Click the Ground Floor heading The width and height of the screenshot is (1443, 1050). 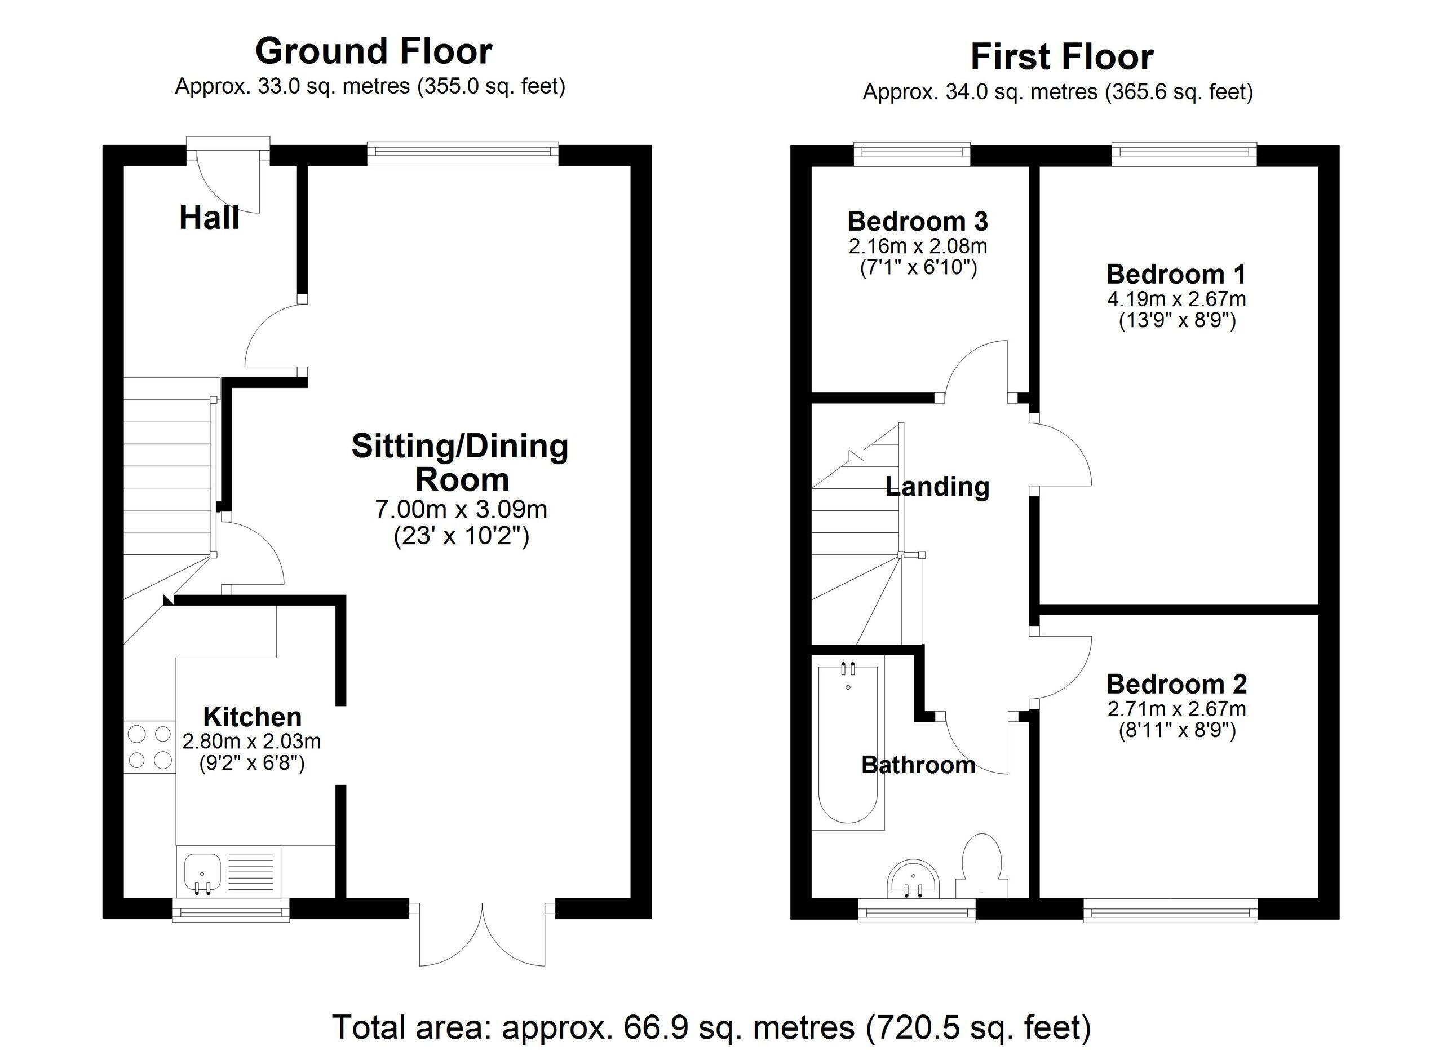[x=374, y=51]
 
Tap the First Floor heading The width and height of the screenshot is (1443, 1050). [x=1061, y=58]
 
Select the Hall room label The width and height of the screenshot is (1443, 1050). [x=209, y=218]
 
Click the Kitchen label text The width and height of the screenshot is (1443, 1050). [x=253, y=717]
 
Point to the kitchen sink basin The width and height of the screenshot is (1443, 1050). [x=202, y=871]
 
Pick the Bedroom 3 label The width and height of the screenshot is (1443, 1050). [x=918, y=222]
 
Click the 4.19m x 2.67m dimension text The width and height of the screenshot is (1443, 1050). [x=1176, y=298]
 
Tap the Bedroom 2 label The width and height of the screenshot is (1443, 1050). [x=1176, y=684]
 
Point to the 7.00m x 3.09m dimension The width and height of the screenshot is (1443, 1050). [x=461, y=509]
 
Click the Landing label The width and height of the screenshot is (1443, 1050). [x=937, y=487]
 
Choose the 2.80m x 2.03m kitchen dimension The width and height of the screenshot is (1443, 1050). [x=251, y=742]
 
